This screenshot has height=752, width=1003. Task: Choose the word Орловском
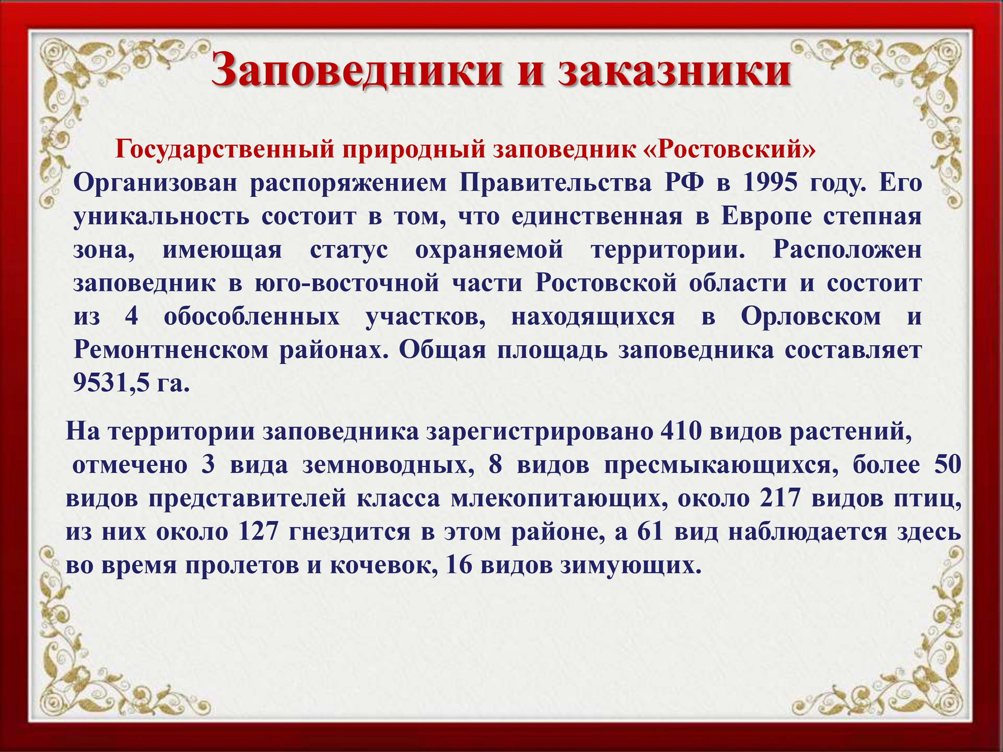pos(811,317)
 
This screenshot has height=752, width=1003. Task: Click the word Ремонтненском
pos(170,350)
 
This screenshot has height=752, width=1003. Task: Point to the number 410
pos(681,432)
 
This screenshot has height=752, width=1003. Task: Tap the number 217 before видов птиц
pos(780,499)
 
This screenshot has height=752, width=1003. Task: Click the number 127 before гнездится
pos(259,533)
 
